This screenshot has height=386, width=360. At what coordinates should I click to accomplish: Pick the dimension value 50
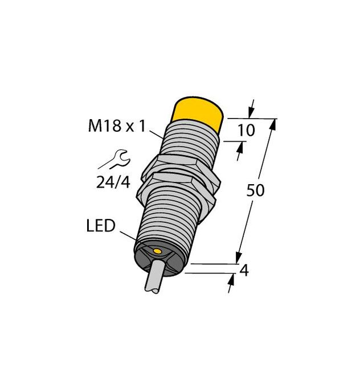[256, 191]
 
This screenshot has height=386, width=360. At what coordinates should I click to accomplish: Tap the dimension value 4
[245, 271]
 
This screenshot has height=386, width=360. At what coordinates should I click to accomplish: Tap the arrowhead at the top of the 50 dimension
[273, 124]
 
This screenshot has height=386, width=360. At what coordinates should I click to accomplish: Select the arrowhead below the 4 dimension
[232, 284]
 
